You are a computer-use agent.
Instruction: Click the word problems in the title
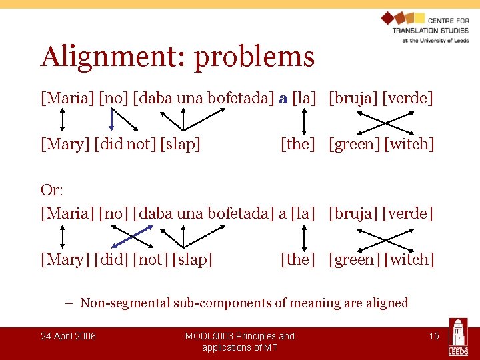pyautogui.click(x=254, y=58)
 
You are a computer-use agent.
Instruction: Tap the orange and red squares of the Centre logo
pyautogui.click(x=403, y=20)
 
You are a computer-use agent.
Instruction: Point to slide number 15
pyautogui.click(x=434, y=336)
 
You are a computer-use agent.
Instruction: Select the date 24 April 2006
pyautogui.click(x=68, y=336)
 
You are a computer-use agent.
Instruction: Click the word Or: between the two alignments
pyautogui.click(x=52, y=190)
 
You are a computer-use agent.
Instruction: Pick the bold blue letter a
pyautogui.click(x=283, y=99)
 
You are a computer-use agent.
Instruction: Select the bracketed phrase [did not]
pyautogui.click(x=125, y=144)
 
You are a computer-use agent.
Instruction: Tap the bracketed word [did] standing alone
pyautogui.click(x=111, y=259)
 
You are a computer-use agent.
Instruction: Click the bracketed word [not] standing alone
pyautogui.click(x=150, y=259)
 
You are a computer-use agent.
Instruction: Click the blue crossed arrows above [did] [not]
pyautogui.click(x=132, y=236)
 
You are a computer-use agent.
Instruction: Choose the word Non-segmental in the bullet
pyautogui.click(x=123, y=303)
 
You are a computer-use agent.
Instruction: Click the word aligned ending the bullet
pyautogui.click(x=386, y=303)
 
